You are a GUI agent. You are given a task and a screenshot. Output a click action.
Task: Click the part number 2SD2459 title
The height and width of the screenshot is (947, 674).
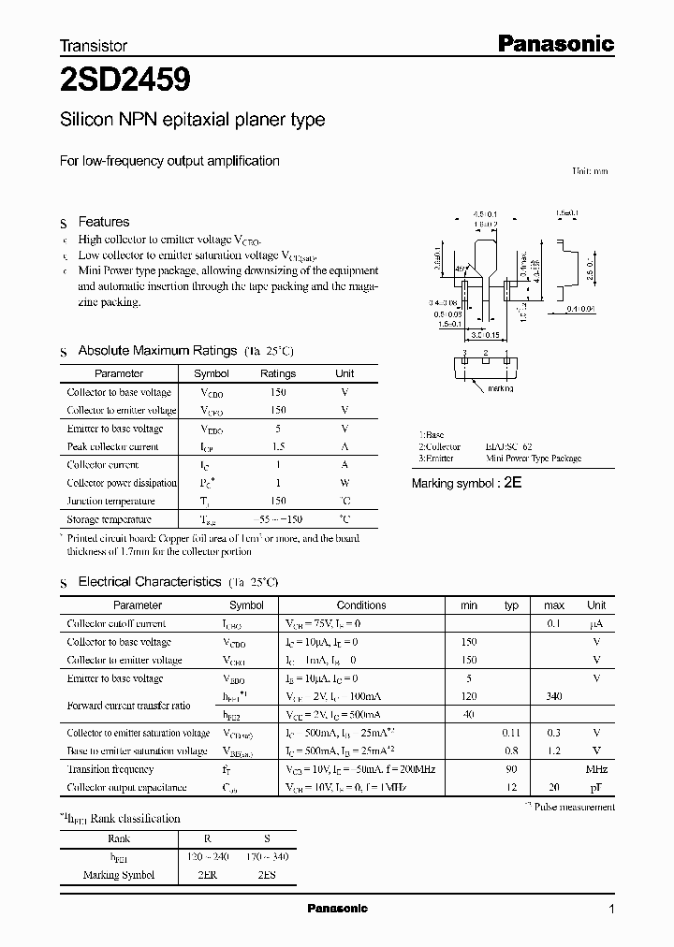125,81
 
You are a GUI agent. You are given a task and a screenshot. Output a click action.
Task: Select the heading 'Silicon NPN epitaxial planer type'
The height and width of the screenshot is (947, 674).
192,120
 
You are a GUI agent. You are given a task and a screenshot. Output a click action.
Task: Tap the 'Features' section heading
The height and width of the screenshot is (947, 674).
103,222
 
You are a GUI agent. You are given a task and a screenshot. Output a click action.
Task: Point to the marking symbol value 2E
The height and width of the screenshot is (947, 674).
513,483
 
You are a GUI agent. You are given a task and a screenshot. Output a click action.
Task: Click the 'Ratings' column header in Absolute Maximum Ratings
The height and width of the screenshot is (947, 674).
277,373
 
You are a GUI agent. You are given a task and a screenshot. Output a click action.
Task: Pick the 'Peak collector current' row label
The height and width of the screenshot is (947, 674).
112,446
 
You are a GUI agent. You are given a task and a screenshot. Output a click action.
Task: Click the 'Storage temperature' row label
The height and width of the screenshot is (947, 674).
109,519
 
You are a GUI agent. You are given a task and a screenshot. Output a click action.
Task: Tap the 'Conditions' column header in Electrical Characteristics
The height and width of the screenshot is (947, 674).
360,605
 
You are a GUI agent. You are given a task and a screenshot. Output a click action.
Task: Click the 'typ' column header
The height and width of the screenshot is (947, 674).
511,605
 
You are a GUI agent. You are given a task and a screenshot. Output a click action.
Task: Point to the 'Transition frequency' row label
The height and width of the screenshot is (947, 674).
110,769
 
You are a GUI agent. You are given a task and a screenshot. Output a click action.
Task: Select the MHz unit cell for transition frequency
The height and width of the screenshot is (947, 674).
595,769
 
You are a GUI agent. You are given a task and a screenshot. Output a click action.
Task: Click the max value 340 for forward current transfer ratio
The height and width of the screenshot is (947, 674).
553,696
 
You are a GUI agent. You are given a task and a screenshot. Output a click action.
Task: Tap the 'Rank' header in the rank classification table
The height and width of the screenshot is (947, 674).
119,839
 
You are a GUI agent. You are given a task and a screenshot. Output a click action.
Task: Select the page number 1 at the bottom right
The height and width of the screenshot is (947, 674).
611,910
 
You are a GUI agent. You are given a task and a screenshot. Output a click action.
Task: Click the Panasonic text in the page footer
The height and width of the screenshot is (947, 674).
338,909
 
